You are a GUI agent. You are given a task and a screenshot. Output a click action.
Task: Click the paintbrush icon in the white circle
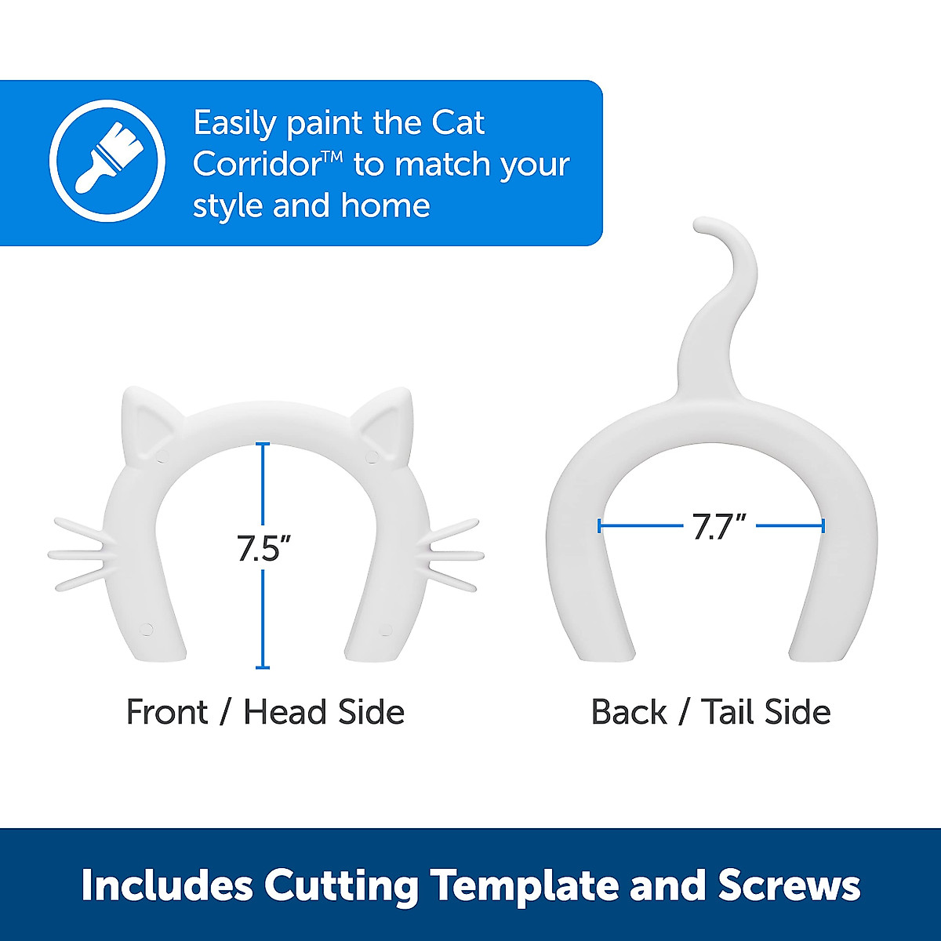click(107, 160)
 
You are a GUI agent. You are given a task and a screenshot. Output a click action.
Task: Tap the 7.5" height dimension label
click(258, 547)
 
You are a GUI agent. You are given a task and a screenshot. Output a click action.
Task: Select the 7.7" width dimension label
click(718, 527)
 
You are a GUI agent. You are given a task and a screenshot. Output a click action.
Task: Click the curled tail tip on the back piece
click(710, 227)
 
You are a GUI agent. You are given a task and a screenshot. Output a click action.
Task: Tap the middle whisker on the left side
click(78, 554)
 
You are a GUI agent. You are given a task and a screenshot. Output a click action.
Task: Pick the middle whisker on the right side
click(453, 554)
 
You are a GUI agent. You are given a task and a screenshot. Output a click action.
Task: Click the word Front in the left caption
click(167, 712)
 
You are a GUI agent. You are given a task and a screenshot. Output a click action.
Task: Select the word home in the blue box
click(385, 206)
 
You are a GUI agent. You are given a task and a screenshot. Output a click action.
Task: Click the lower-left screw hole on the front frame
click(146, 628)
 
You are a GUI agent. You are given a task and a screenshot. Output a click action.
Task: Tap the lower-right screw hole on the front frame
click(385, 628)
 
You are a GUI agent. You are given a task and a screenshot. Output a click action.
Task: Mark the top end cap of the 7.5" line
click(263, 445)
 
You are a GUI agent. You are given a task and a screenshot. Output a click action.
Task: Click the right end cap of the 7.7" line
click(823, 526)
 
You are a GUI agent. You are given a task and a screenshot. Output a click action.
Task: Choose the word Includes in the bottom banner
click(167, 885)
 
